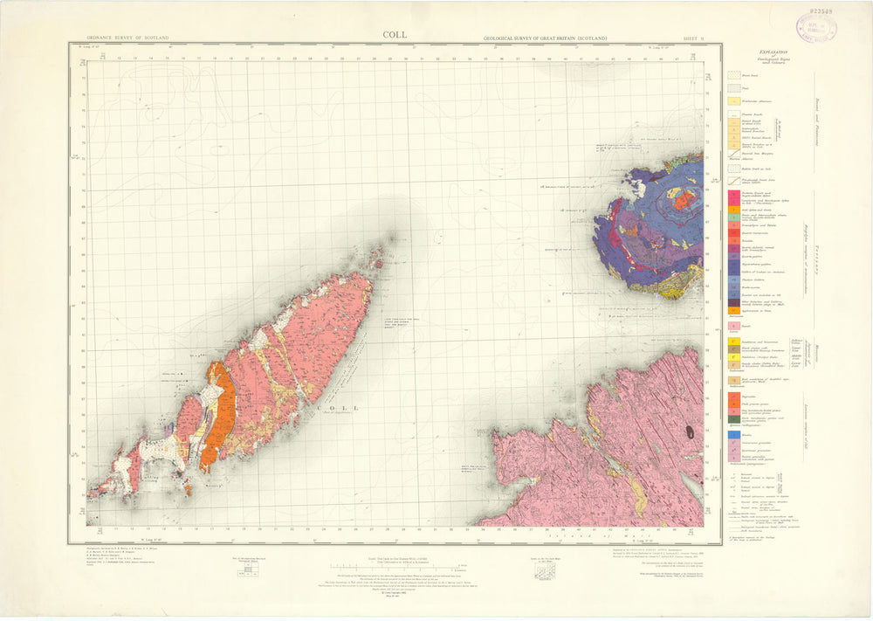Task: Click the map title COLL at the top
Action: (x=394, y=36)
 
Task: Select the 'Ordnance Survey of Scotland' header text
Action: (x=127, y=39)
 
